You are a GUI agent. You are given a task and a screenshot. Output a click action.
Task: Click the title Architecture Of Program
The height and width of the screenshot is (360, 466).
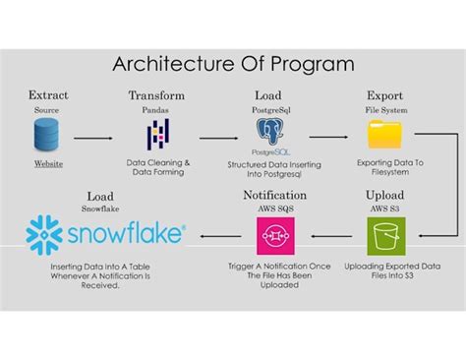click(x=232, y=64)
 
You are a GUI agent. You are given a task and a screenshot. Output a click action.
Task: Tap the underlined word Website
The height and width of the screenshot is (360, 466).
click(x=48, y=162)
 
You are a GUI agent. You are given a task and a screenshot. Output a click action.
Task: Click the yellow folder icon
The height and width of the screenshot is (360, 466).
click(x=384, y=134)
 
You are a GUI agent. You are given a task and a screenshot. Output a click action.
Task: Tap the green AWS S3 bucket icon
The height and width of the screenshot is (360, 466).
click(x=384, y=236)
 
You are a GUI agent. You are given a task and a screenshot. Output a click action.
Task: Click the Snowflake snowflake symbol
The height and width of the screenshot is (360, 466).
click(x=44, y=235)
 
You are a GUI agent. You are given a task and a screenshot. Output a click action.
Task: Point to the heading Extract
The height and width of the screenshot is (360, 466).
click(x=48, y=95)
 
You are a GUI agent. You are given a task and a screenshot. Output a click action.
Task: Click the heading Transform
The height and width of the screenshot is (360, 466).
click(x=157, y=95)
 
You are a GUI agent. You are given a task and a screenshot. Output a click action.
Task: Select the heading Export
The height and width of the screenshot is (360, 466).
click(x=384, y=95)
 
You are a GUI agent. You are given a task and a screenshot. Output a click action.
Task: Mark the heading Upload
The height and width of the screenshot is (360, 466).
click(x=384, y=196)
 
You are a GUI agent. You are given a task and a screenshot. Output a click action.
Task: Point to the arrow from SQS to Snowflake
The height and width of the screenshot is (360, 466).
click(x=216, y=236)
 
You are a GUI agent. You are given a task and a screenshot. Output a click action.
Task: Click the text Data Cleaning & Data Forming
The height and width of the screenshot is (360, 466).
click(x=158, y=166)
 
